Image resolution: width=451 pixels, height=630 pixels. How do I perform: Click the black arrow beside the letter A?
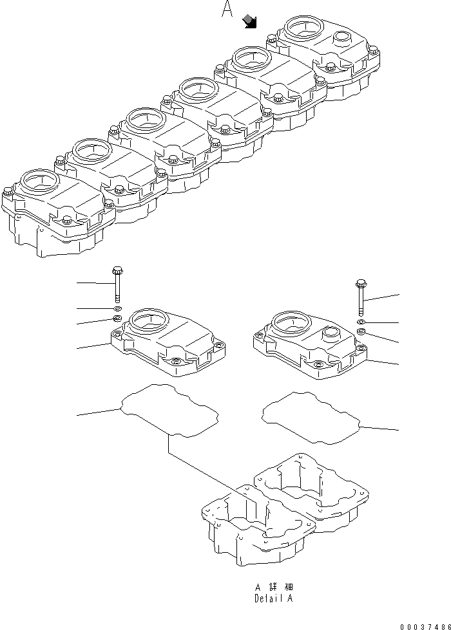point(250,23)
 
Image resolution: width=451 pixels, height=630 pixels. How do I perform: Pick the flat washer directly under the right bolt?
point(361,321)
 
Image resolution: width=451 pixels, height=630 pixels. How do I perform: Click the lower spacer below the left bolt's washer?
point(117,320)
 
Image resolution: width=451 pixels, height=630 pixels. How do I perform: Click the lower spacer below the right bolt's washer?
point(361,331)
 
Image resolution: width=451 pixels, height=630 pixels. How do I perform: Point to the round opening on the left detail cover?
point(148,319)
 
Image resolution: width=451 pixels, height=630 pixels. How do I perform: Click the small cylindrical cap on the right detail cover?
point(332,335)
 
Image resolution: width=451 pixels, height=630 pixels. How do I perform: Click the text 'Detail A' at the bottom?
point(274,598)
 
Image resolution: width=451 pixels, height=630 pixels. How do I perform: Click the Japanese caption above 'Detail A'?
point(274,587)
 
